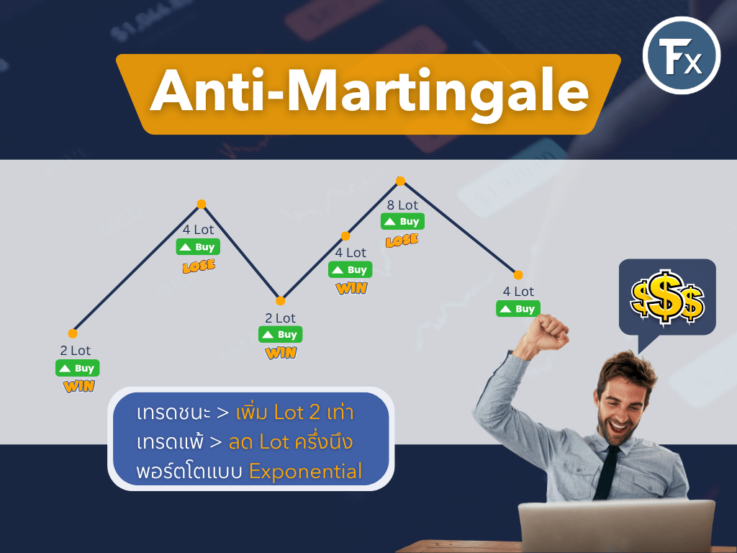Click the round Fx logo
[681, 55]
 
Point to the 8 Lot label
[402, 205]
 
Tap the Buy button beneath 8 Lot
[402, 222]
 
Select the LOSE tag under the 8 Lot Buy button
[402, 240]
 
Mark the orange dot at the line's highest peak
[400, 181]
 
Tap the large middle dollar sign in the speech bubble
[664, 297]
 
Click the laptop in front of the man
[617, 526]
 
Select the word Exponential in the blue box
[305, 472]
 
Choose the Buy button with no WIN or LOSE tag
[518, 309]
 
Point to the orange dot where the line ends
[518, 275]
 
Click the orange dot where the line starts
[73, 333]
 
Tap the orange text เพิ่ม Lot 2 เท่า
[294, 412]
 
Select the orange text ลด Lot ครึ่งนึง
[291, 442]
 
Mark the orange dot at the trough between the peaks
[280, 301]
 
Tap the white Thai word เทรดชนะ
[173, 413]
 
